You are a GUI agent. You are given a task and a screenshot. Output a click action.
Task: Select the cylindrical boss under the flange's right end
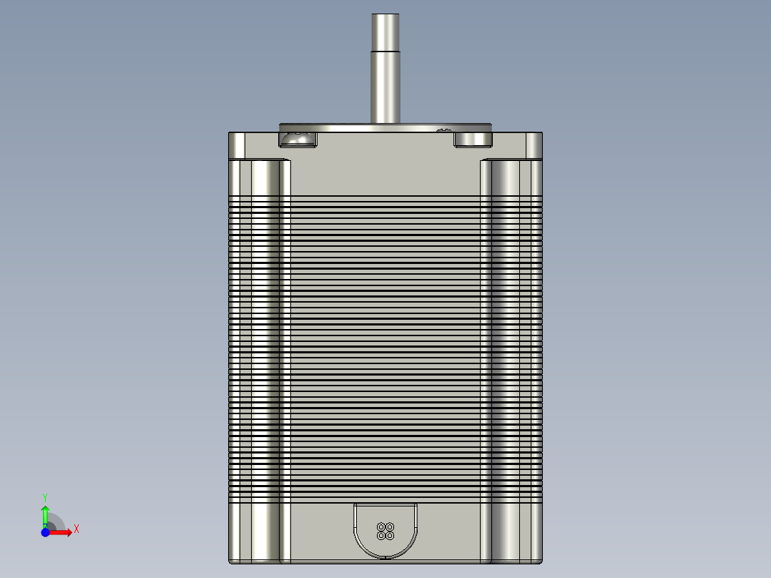(473, 139)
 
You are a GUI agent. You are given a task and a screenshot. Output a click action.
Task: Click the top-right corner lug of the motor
(535, 144)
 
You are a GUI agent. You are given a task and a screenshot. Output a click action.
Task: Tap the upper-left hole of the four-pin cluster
(381, 527)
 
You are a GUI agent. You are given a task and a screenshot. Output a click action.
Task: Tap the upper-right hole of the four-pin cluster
(390, 527)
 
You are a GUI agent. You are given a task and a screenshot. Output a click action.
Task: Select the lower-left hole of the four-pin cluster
(381, 535)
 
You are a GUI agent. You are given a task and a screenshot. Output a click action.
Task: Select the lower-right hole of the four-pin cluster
(390, 535)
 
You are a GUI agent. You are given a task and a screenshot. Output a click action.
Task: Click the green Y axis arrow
(44, 514)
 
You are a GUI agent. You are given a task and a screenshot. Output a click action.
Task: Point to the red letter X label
(77, 529)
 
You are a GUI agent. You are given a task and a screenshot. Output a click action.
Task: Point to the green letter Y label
(44, 496)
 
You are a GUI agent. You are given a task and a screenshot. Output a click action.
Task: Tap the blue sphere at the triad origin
(45, 533)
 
